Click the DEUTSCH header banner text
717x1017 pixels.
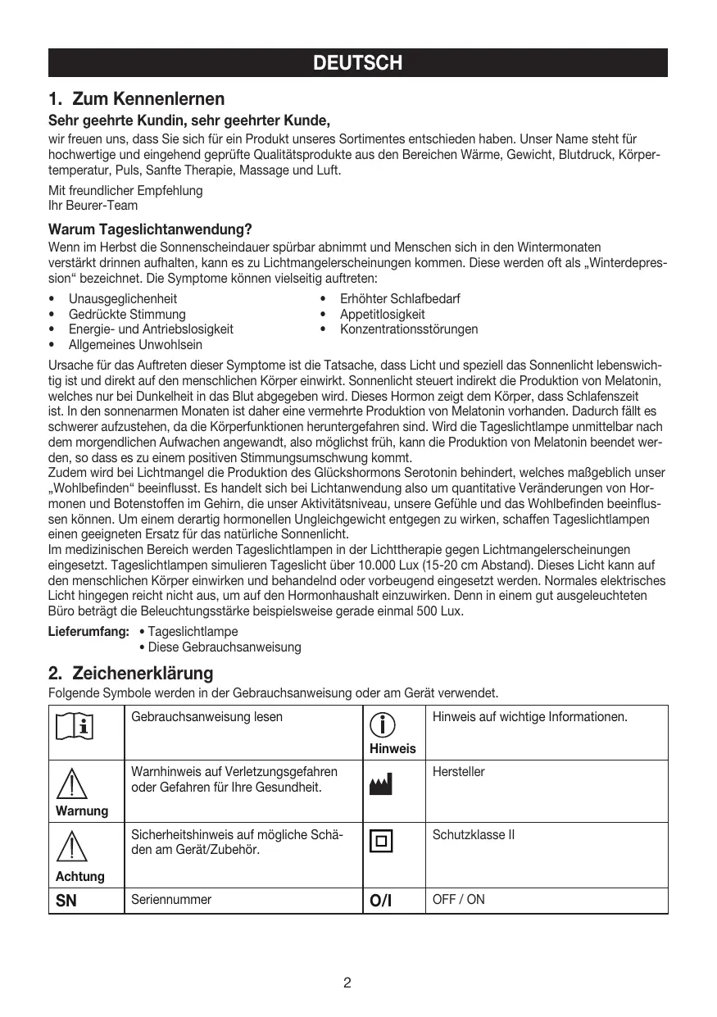pyautogui.click(x=358, y=63)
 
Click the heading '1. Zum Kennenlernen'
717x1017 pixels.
pyautogui.click(x=136, y=100)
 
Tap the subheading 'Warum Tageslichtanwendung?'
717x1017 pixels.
pyautogui.click(x=150, y=229)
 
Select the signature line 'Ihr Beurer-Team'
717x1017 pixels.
pyautogui.click(x=93, y=205)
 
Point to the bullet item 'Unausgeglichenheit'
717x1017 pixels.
pyautogui.click(x=122, y=299)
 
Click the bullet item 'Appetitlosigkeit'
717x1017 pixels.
pyautogui.click(x=383, y=314)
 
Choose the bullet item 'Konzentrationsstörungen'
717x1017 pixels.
pyautogui.click(x=409, y=329)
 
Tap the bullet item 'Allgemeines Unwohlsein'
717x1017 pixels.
pyautogui.click(x=135, y=344)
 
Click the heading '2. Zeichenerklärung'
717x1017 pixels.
pyautogui.click(x=130, y=674)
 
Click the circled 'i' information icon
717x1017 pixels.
pyautogui.click(x=382, y=724)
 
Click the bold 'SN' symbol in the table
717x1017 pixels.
pyautogui.click(x=66, y=901)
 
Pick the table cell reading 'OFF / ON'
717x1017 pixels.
pyautogui.click(x=458, y=900)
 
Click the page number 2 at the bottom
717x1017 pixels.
pyautogui.click(x=347, y=983)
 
